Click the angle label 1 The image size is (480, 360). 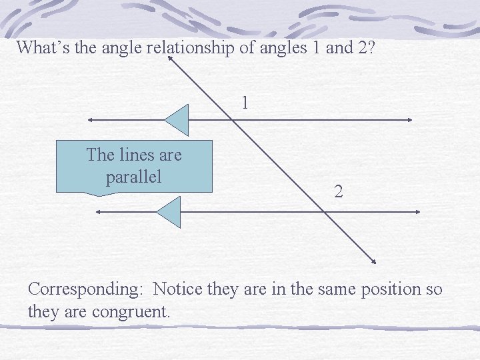pyautogui.click(x=245, y=103)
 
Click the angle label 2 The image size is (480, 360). pyautogui.click(x=339, y=193)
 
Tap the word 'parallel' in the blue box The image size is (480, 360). pyautogui.click(x=133, y=178)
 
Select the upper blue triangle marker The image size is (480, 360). pyautogui.click(x=178, y=120)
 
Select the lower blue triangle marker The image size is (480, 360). pyautogui.click(x=169, y=212)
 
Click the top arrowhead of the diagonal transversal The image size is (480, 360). pyautogui.click(x=171, y=59)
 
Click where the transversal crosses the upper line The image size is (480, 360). pyautogui.click(x=231, y=120)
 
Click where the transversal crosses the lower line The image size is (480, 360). pyautogui.click(x=323, y=212)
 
